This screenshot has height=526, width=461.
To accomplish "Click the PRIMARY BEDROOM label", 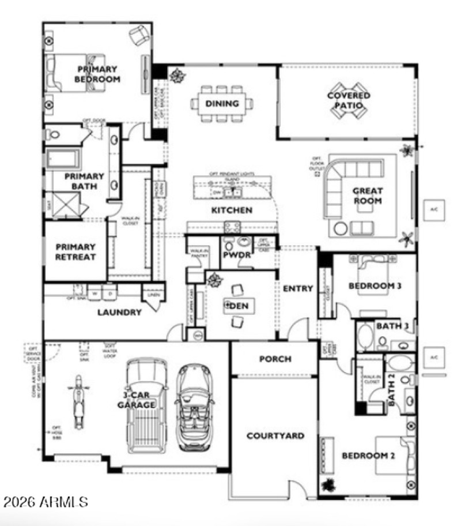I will point(97,74).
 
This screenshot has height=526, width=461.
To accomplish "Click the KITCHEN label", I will point(231,210).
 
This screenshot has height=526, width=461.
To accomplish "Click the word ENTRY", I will point(298,288).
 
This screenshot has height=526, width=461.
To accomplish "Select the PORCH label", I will point(275,359).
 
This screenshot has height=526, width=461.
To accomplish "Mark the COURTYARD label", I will point(275,435).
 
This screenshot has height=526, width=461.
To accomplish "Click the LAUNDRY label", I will point(119,312).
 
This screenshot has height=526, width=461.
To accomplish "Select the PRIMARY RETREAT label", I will point(75,251).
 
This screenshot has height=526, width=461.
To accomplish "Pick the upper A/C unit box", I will point(433,209).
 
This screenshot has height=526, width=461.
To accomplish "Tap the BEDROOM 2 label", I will point(368,456).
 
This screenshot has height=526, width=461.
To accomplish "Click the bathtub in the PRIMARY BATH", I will point(63,159).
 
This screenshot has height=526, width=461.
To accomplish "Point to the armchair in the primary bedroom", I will point(139,36).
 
